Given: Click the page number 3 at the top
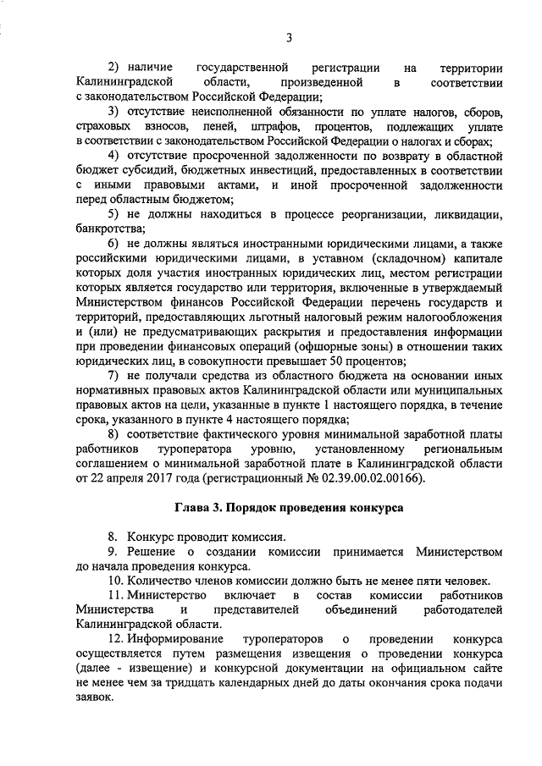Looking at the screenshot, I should (289, 36).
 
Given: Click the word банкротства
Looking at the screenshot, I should (111, 229).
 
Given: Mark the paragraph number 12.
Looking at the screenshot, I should (118, 639).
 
